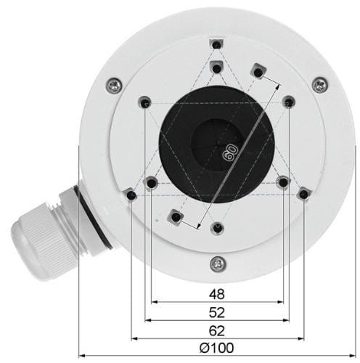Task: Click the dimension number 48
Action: pos(217,294)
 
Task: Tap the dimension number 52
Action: pos(217,312)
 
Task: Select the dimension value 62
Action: pos(217,331)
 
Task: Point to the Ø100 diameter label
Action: pos(217,348)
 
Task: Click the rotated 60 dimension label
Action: pos(229,152)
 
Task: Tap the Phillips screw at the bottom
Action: pos(218,264)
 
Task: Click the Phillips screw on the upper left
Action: pos(114,85)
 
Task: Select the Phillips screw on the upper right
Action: pos(320,85)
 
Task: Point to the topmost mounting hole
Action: pos(218,45)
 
